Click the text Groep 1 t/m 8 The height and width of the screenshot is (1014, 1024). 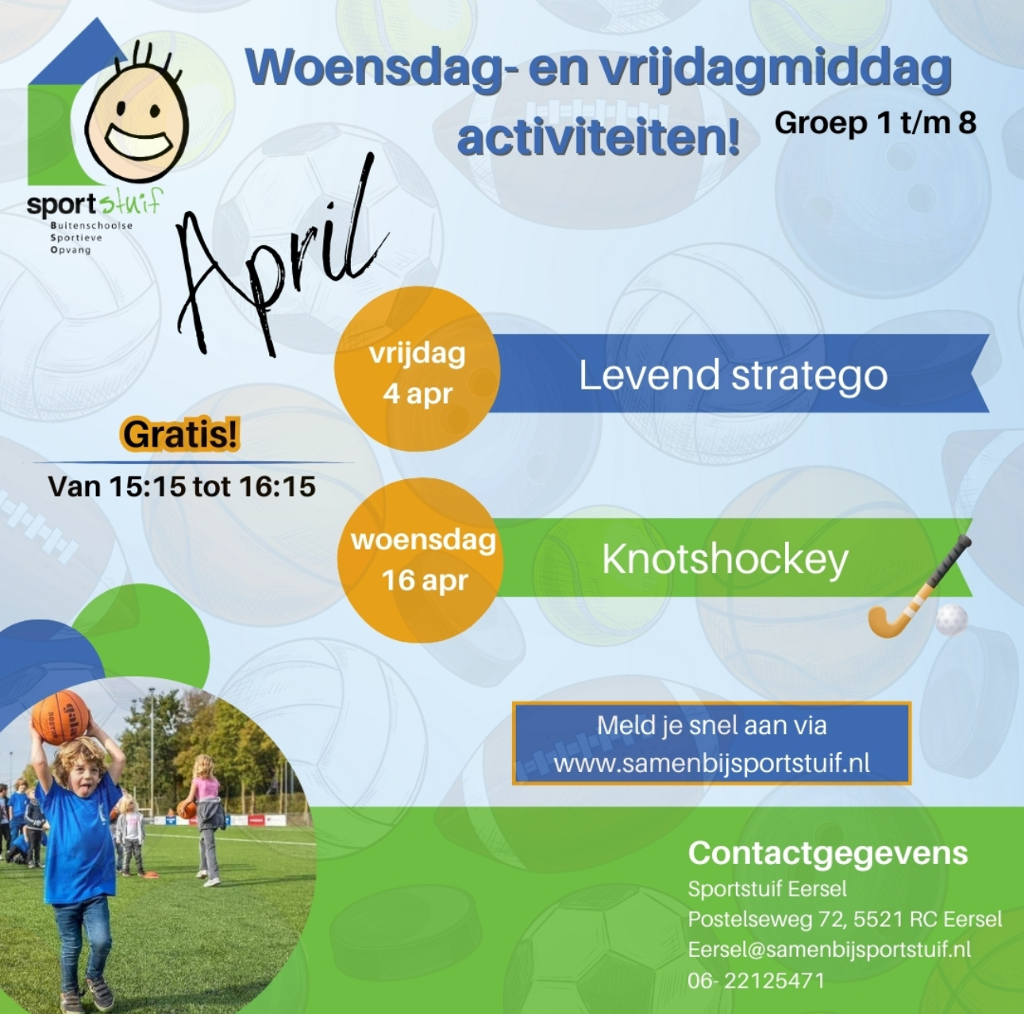tap(876, 123)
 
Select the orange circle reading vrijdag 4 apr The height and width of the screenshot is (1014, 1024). tap(418, 369)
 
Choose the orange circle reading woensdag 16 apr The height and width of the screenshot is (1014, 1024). tap(421, 560)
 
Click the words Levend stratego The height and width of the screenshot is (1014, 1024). tap(733, 375)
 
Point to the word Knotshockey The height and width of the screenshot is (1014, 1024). tap(725, 559)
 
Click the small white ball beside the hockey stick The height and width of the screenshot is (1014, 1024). tap(951, 620)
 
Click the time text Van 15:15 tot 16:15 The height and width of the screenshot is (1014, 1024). tap(182, 486)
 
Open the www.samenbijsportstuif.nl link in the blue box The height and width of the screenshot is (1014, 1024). tap(711, 763)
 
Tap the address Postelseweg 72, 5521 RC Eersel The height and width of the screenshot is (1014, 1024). tap(845, 920)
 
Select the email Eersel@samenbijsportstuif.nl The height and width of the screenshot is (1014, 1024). tap(830, 950)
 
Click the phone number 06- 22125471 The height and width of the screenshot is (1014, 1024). tap(756, 981)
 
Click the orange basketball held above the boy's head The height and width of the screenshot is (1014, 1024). tap(60, 717)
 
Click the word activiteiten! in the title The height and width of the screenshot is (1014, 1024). tap(599, 137)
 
